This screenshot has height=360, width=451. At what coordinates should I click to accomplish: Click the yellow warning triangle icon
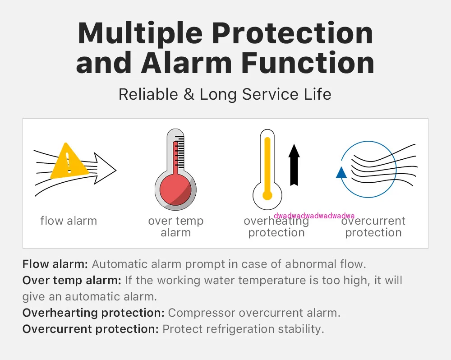pos(69,162)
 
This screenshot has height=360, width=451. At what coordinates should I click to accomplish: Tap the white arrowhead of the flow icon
pos(105,169)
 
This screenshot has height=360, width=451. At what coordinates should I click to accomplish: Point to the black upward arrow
pos(294,165)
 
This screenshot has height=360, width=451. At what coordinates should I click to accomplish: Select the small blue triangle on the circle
pos(341,173)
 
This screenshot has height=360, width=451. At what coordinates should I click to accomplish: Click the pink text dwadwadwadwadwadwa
pos(314,216)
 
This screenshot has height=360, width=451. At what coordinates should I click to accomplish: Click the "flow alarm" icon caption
pos(69,221)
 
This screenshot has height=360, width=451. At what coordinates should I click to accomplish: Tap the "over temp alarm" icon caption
pos(176,227)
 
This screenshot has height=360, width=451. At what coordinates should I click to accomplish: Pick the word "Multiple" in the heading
pos(140,34)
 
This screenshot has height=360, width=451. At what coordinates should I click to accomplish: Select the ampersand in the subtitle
pos(189,94)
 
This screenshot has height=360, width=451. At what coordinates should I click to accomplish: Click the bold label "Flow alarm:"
pos(55,264)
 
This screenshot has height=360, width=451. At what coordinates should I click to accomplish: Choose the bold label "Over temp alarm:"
pos(72,280)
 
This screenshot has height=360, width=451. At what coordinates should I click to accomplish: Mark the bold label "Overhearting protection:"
pos(93,313)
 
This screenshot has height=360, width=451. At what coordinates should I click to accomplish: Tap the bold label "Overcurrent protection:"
pos(91,329)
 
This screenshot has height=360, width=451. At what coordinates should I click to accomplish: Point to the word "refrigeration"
pos(240,329)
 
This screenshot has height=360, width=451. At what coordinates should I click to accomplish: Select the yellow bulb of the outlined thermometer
pos(267,195)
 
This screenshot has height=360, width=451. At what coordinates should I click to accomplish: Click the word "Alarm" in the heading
pos(186,63)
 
